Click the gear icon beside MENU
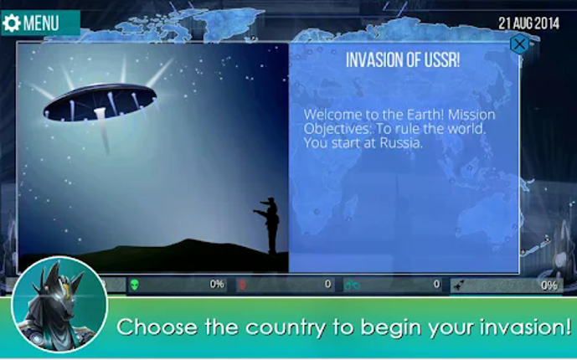tap(12, 23)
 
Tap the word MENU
tap(41, 23)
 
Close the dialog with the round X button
tap(520, 44)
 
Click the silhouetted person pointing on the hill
tap(270, 224)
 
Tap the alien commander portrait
tap(59, 305)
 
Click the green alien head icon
tap(134, 285)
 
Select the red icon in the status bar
tap(243, 285)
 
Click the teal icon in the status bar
tap(352, 285)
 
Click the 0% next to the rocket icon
tap(549, 285)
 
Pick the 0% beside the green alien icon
tap(217, 285)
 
